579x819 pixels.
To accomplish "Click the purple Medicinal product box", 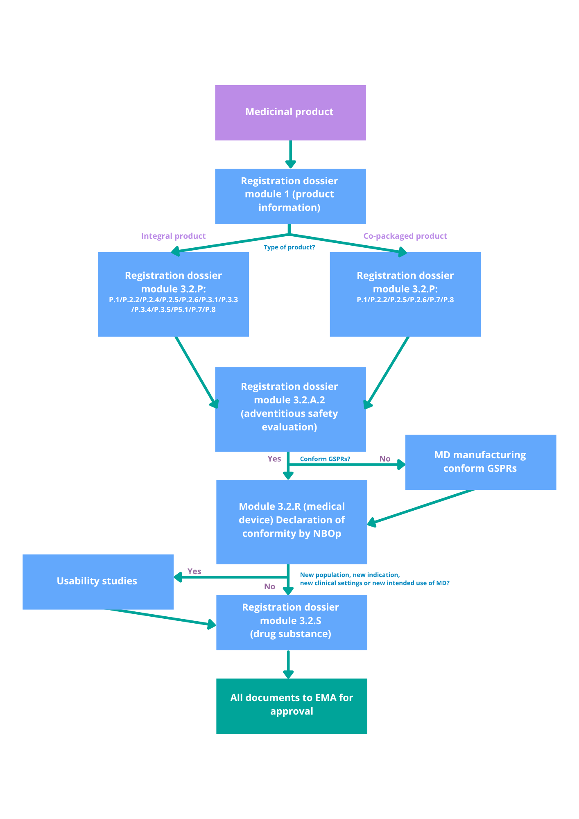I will [290, 113].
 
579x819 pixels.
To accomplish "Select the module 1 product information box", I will [290, 196].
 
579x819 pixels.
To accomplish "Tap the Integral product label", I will [173, 236].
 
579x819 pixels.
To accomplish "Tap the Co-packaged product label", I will [405, 236].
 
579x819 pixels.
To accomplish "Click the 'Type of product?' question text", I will [289, 247].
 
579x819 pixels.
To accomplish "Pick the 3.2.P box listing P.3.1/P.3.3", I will [173, 294].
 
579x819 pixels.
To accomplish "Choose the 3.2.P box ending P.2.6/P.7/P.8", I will [405, 294].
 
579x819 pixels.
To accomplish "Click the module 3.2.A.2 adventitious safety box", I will [290, 409].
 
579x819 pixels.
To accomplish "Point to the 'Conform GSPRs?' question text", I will [325, 459].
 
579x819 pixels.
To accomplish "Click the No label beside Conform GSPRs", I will [384, 459].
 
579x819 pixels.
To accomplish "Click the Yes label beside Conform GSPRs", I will [274, 459].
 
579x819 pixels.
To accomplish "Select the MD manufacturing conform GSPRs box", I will [480, 462].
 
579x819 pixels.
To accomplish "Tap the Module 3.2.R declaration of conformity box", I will [292, 521].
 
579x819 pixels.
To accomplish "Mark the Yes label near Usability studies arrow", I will [194, 571].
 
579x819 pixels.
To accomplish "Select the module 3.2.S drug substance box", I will [292, 622].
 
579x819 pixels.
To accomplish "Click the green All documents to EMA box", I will [292, 706].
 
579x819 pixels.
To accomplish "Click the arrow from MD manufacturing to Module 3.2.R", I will [422, 507].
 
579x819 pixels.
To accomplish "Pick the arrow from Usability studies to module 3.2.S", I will [162, 617].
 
